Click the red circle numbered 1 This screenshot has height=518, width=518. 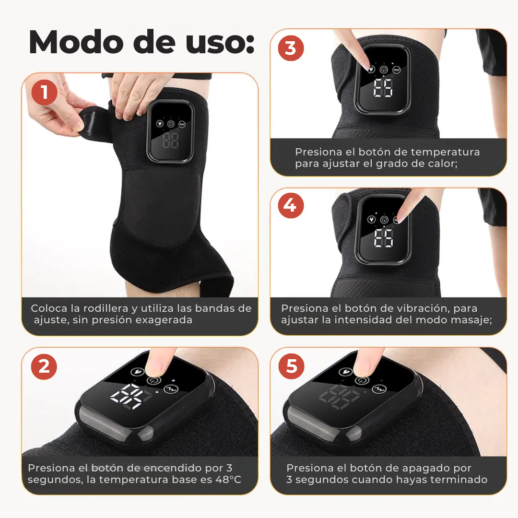[x=45, y=92]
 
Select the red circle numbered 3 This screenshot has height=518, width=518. [x=291, y=48]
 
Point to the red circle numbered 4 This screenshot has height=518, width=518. [x=291, y=205]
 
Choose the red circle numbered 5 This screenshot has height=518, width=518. [x=292, y=367]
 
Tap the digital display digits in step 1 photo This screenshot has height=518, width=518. [x=171, y=141]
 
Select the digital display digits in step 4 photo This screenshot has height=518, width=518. [x=384, y=238]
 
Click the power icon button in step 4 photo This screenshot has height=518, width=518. [x=384, y=219]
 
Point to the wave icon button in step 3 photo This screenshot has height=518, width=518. [x=397, y=70]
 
